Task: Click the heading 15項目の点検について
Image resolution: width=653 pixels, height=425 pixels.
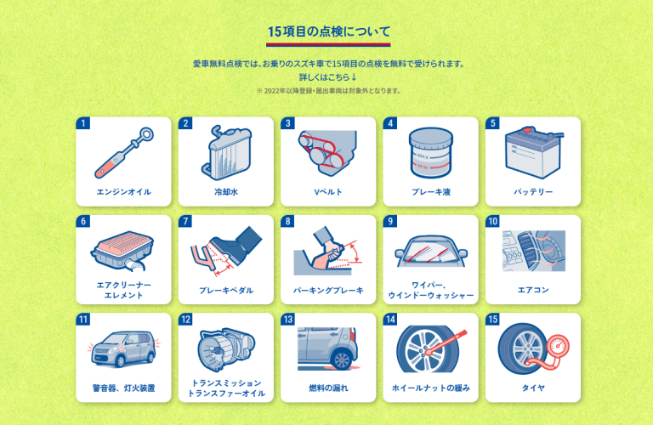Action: pos(328,31)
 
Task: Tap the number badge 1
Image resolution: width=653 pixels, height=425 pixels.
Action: pos(82,123)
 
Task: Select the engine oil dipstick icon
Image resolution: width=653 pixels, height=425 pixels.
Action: pos(123,153)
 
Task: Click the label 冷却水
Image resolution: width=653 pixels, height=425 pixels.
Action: pos(226,192)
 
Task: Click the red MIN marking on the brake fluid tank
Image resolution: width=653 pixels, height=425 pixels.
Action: pos(423,167)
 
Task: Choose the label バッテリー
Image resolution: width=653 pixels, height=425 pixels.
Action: pos(533,192)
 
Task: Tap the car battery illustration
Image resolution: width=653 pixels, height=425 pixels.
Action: pos(534,152)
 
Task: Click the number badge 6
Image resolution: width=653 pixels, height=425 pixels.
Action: pos(82,222)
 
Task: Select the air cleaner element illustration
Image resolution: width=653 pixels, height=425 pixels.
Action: pos(122,251)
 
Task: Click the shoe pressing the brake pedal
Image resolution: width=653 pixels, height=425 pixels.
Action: pos(236,245)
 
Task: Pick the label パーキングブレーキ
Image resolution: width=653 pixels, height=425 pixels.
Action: pos(328,290)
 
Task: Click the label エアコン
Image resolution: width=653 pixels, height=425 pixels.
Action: pos(533,290)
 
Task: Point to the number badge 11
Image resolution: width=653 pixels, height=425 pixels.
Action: pos(82,320)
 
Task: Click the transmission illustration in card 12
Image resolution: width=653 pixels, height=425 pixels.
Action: pos(225,349)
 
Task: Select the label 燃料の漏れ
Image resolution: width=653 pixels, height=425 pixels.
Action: pos(328,388)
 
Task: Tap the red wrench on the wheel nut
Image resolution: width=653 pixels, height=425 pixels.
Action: pos(446,343)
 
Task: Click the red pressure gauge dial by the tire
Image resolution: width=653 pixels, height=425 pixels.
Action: pos(558,345)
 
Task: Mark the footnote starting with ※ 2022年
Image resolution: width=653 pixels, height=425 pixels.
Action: pos(328,91)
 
